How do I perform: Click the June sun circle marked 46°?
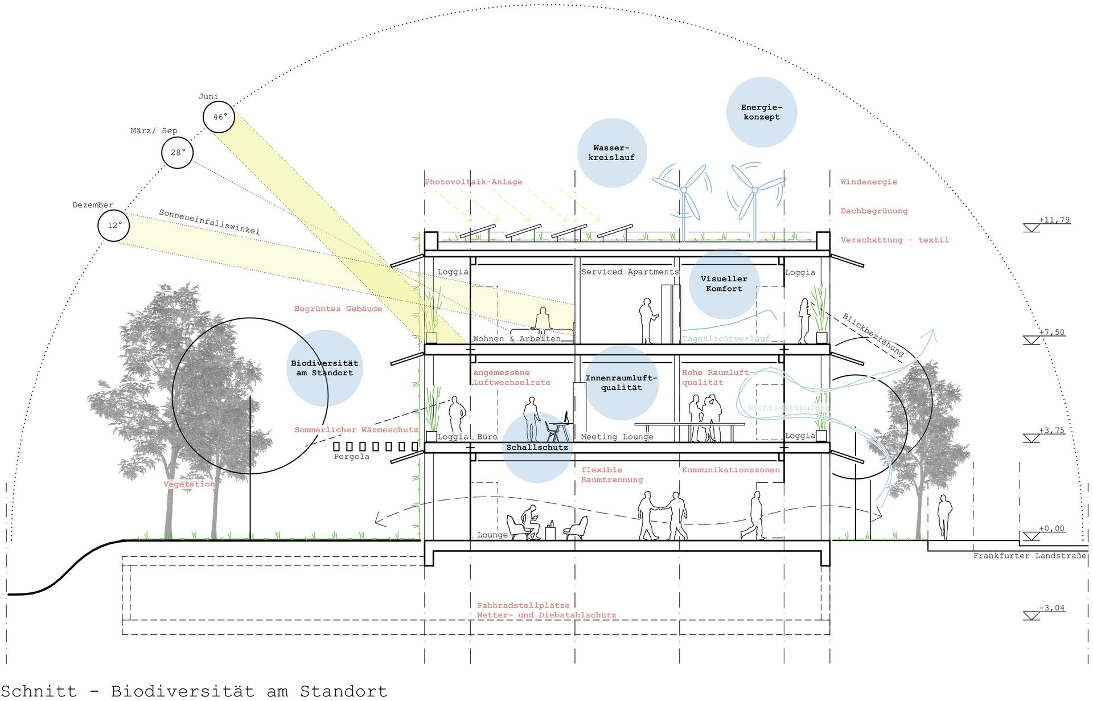219,117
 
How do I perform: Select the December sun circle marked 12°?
114,226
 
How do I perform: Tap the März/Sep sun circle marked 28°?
178,153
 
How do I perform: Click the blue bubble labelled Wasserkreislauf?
612,153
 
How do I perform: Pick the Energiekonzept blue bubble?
761,112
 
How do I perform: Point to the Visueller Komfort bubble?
724,284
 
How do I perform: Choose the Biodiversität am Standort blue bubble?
324,368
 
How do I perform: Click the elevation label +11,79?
1054,220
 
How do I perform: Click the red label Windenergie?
869,182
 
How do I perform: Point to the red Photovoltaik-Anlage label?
473,182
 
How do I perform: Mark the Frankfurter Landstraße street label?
1029,555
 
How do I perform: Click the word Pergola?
351,456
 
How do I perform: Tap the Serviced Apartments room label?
630,272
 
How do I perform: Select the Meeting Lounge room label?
617,437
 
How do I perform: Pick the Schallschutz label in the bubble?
537,448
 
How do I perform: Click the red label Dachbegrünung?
874,211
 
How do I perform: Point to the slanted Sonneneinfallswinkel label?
209,222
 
